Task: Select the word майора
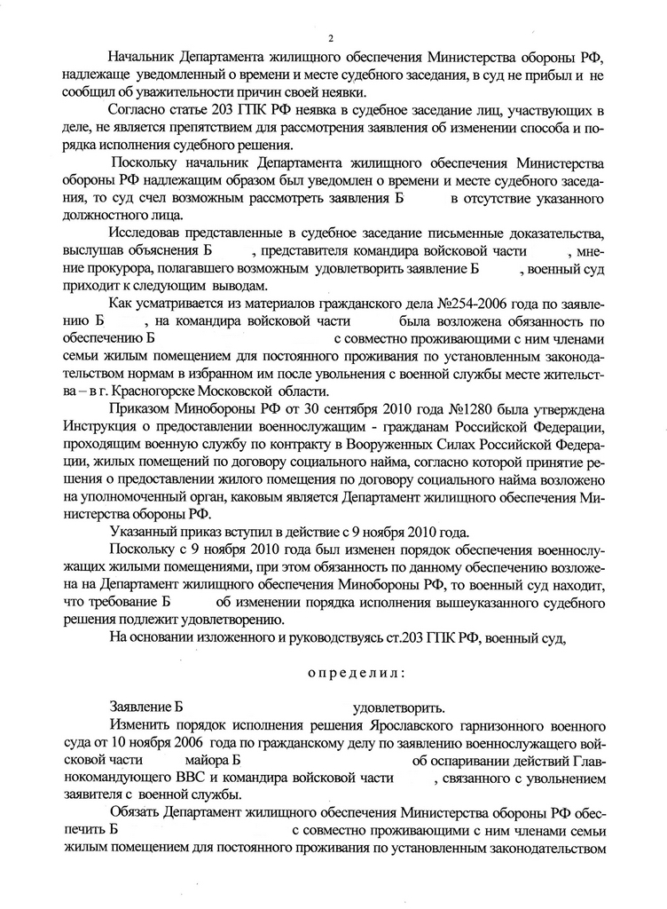point(205,761)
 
